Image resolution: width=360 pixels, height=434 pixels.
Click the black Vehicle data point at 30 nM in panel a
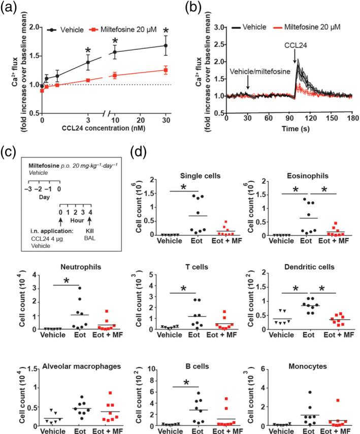pos(165,46)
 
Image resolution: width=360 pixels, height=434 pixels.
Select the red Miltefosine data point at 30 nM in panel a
pos(165,70)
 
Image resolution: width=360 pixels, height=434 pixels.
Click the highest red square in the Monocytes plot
pos(338,400)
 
